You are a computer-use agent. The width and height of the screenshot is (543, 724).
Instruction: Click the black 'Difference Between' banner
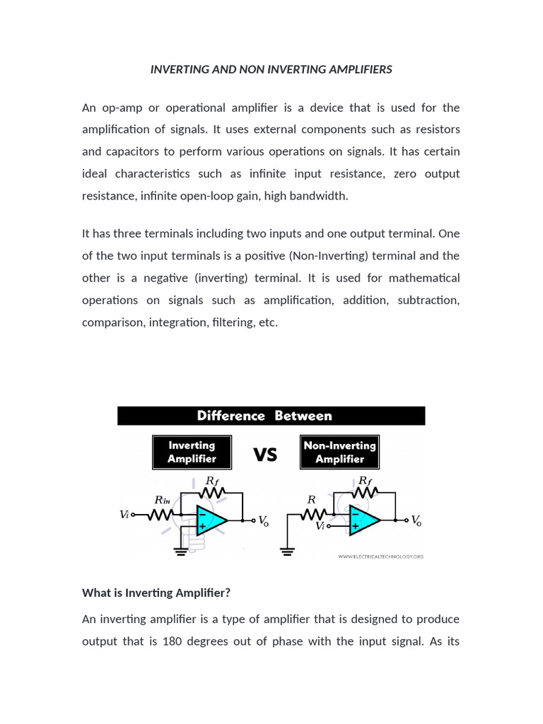(x=271, y=416)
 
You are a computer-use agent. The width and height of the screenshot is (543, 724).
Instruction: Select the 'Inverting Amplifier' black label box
(x=192, y=452)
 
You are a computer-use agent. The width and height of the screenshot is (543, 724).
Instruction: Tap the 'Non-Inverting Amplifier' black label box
(x=339, y=452)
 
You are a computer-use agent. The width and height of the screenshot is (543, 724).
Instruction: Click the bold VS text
(x=265, y=455)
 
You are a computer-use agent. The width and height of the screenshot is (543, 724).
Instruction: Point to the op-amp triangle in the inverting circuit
(x=211, y=521)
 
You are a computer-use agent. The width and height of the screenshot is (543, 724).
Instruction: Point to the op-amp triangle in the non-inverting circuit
(x=364, y=521)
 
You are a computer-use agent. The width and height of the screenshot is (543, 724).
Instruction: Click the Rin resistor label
(x=163, y=500)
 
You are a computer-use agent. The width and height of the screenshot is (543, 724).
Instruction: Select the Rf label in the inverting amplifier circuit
(x=211, y=480)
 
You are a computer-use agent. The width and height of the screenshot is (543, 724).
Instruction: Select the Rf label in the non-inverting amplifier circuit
(x=365, y=480)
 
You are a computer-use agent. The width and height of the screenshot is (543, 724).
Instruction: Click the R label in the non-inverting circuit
(x=310, y=499)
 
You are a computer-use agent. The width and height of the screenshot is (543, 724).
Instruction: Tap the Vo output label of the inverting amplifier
(x=262, y=521)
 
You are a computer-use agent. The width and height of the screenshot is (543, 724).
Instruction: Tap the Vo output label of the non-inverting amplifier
(x=416, y=521)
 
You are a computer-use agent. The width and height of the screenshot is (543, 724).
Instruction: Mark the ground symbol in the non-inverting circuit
(x=286, y=551)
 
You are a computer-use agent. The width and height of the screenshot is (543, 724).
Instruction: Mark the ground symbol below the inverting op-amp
(x=181, y=550)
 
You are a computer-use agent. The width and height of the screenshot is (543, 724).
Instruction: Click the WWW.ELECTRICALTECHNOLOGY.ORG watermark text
(x=380, y=556)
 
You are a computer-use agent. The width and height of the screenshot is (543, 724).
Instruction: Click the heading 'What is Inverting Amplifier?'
(x=156, y=592)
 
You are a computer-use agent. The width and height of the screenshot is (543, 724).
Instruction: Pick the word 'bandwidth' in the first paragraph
(x=322, y=196)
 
